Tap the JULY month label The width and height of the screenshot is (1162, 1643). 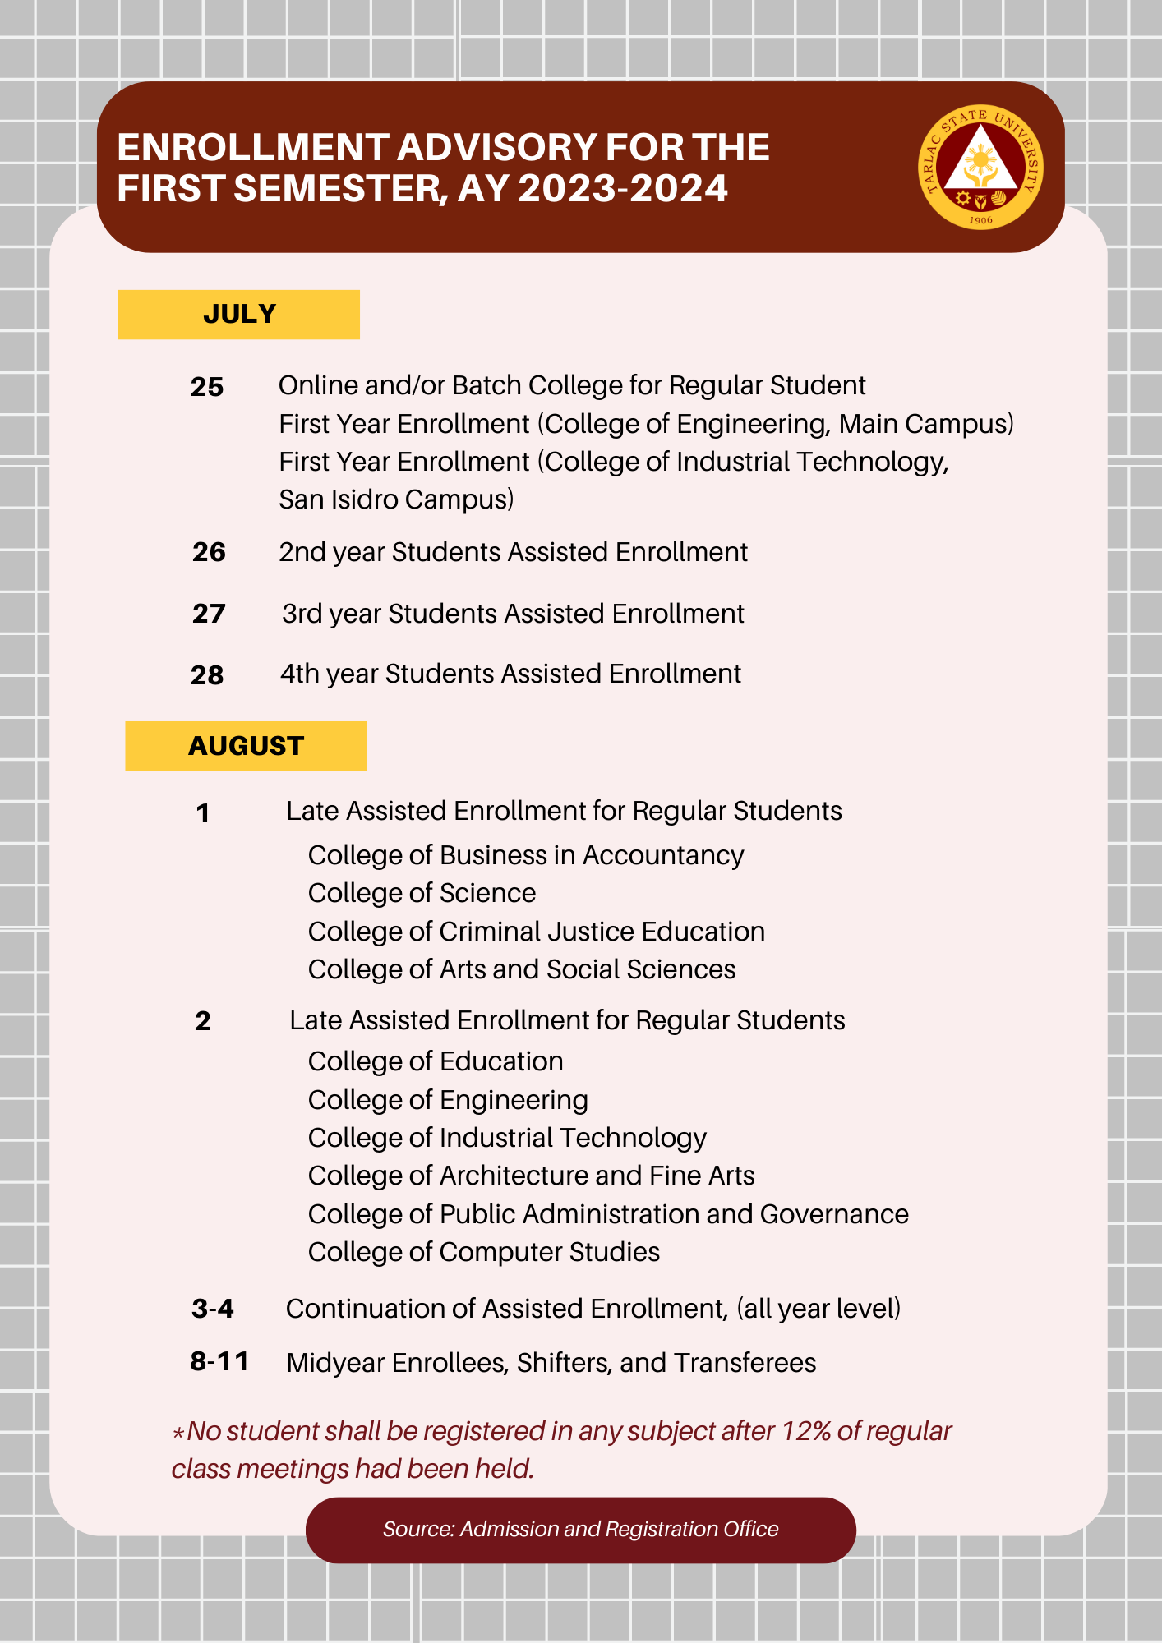click(x=239, y=314)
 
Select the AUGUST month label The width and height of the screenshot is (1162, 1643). click(x=246, y=746)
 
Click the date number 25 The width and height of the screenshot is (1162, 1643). click(x=207, y=387)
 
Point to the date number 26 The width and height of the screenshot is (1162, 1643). click(x=209, y=552)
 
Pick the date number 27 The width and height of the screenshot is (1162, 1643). click(x=209, y=614)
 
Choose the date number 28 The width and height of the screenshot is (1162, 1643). click(x=207, y=675)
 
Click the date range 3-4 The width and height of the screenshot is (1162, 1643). click(x=213, y=1308)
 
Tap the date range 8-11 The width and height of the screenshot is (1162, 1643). click(x=219, y=1361)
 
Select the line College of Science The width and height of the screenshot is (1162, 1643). click(x=422, y=893)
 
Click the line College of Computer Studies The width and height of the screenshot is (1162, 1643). click(x=484, y=1252)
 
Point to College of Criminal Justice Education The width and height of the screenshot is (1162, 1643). click(x=537, y=932)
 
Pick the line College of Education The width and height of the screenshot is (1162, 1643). click(x=436, y=1061)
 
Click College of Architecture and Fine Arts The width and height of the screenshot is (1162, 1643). click(x=531, y=1176)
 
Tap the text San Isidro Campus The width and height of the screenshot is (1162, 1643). click(x=396, y=499)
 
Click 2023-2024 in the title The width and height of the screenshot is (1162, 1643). click(x=622, y=188)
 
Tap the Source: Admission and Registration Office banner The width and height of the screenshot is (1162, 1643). click(x=580, y=1529)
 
